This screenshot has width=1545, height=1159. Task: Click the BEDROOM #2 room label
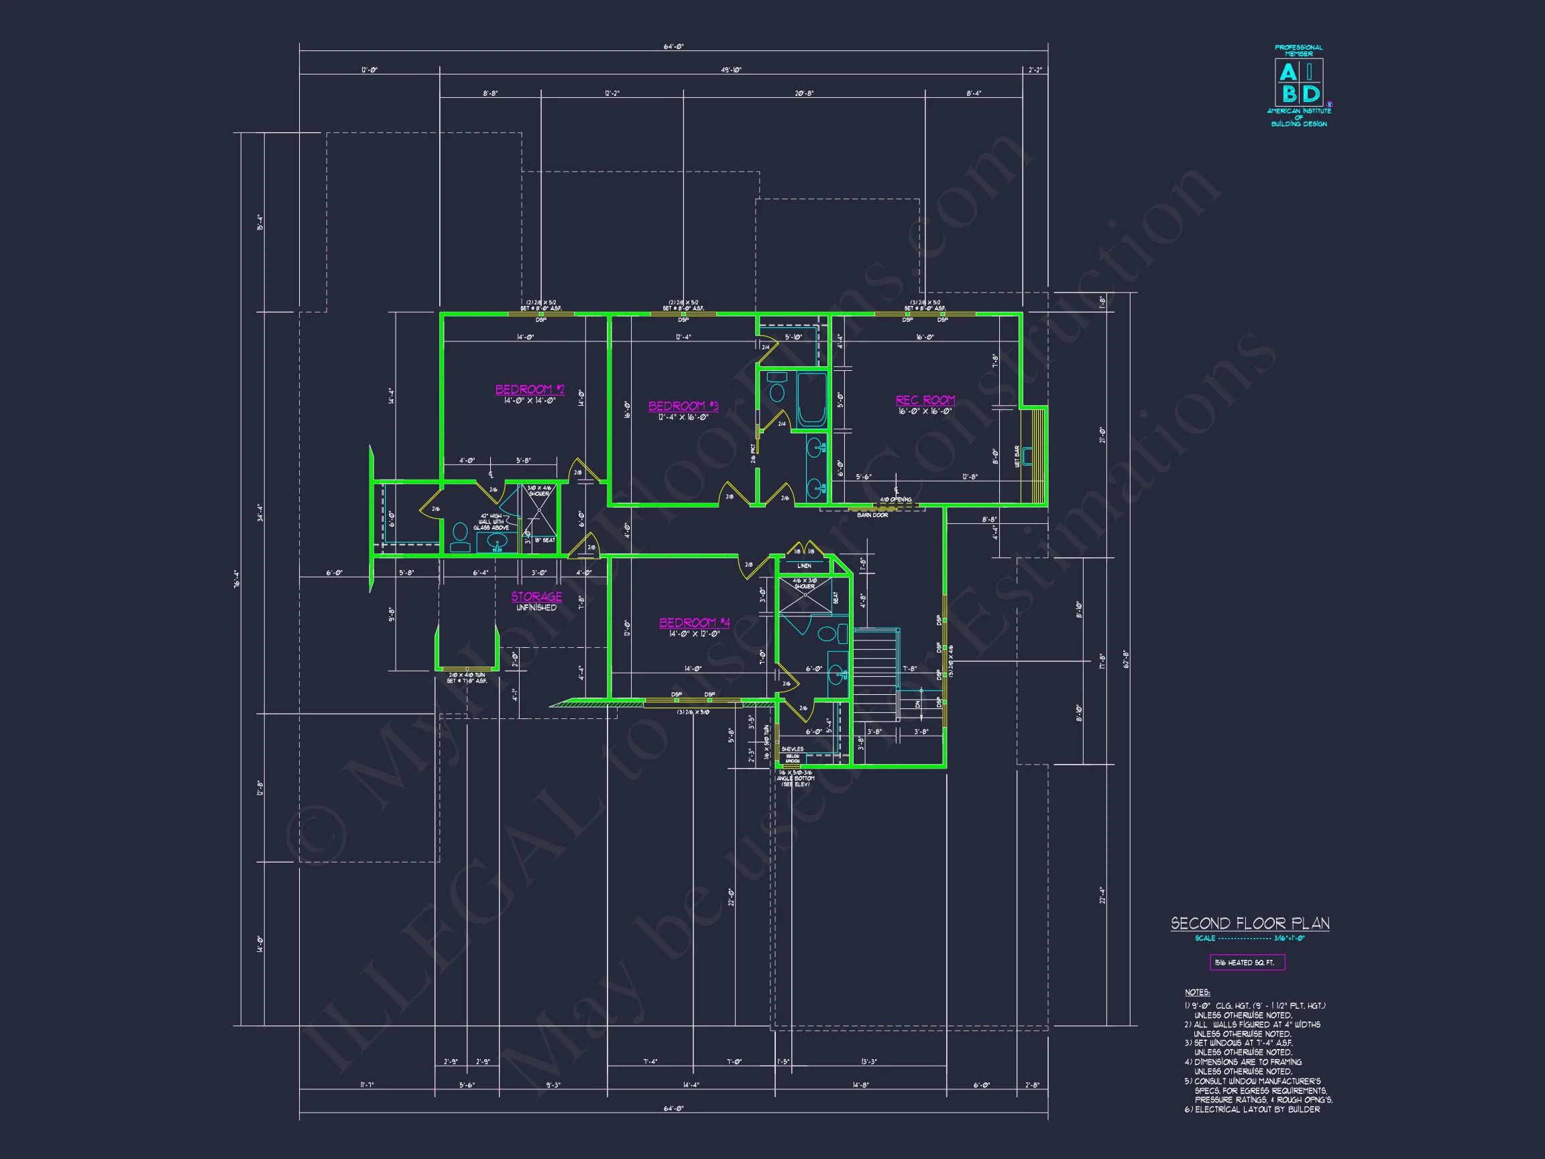530,390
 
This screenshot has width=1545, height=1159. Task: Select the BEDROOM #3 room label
683,406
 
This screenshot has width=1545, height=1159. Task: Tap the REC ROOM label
925,400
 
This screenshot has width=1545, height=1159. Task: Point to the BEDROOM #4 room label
694,622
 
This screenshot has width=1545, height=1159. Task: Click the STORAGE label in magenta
536,596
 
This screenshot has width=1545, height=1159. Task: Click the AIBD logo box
1298,82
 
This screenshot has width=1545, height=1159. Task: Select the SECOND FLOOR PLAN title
1249,923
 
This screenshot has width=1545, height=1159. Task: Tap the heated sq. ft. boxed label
1247,962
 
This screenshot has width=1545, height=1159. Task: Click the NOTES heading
1197,993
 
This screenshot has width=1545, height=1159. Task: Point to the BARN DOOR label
872,515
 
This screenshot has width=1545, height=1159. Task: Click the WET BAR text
1017,456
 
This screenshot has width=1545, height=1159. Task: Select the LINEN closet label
804,566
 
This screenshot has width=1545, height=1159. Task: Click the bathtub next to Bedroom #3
811,400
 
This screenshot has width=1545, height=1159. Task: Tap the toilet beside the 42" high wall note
459,537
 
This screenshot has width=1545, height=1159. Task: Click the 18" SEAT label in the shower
544,540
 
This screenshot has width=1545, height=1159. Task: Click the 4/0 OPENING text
895,500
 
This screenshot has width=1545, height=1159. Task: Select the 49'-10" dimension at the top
731,70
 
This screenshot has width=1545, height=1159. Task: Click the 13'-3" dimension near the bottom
868,1062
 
